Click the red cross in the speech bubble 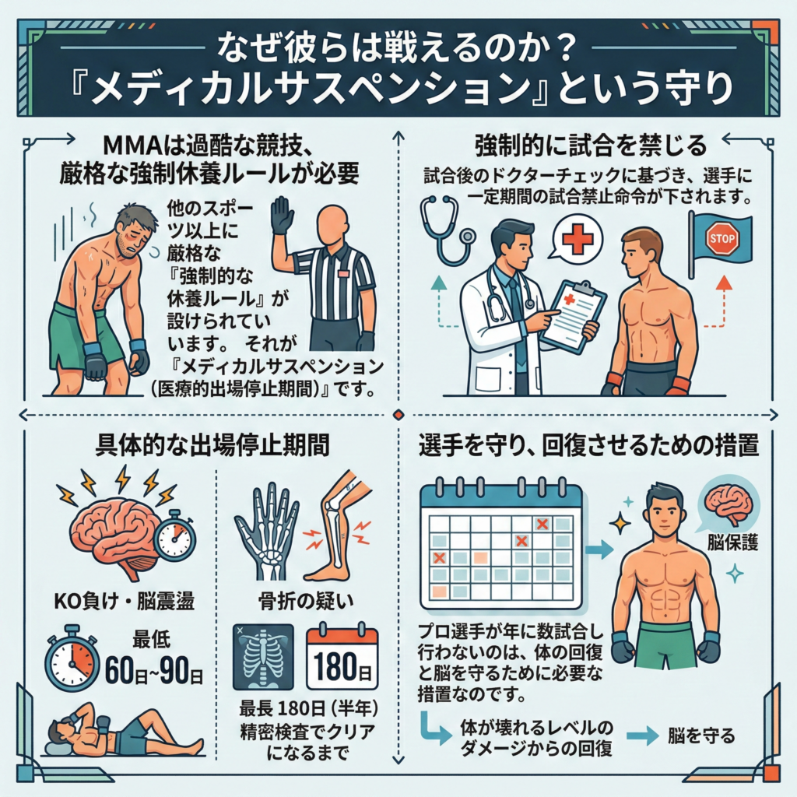click(576, 238)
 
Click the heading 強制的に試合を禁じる click(590, 145)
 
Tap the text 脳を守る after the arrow click(701, 735)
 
